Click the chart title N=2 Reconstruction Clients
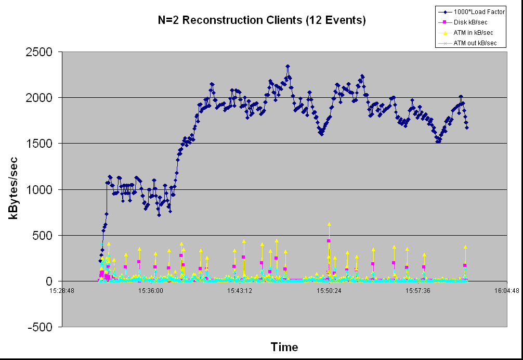point(262,21)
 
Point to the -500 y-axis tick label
point(43,327)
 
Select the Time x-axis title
point(284,348)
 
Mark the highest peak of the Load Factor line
point(287,67)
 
